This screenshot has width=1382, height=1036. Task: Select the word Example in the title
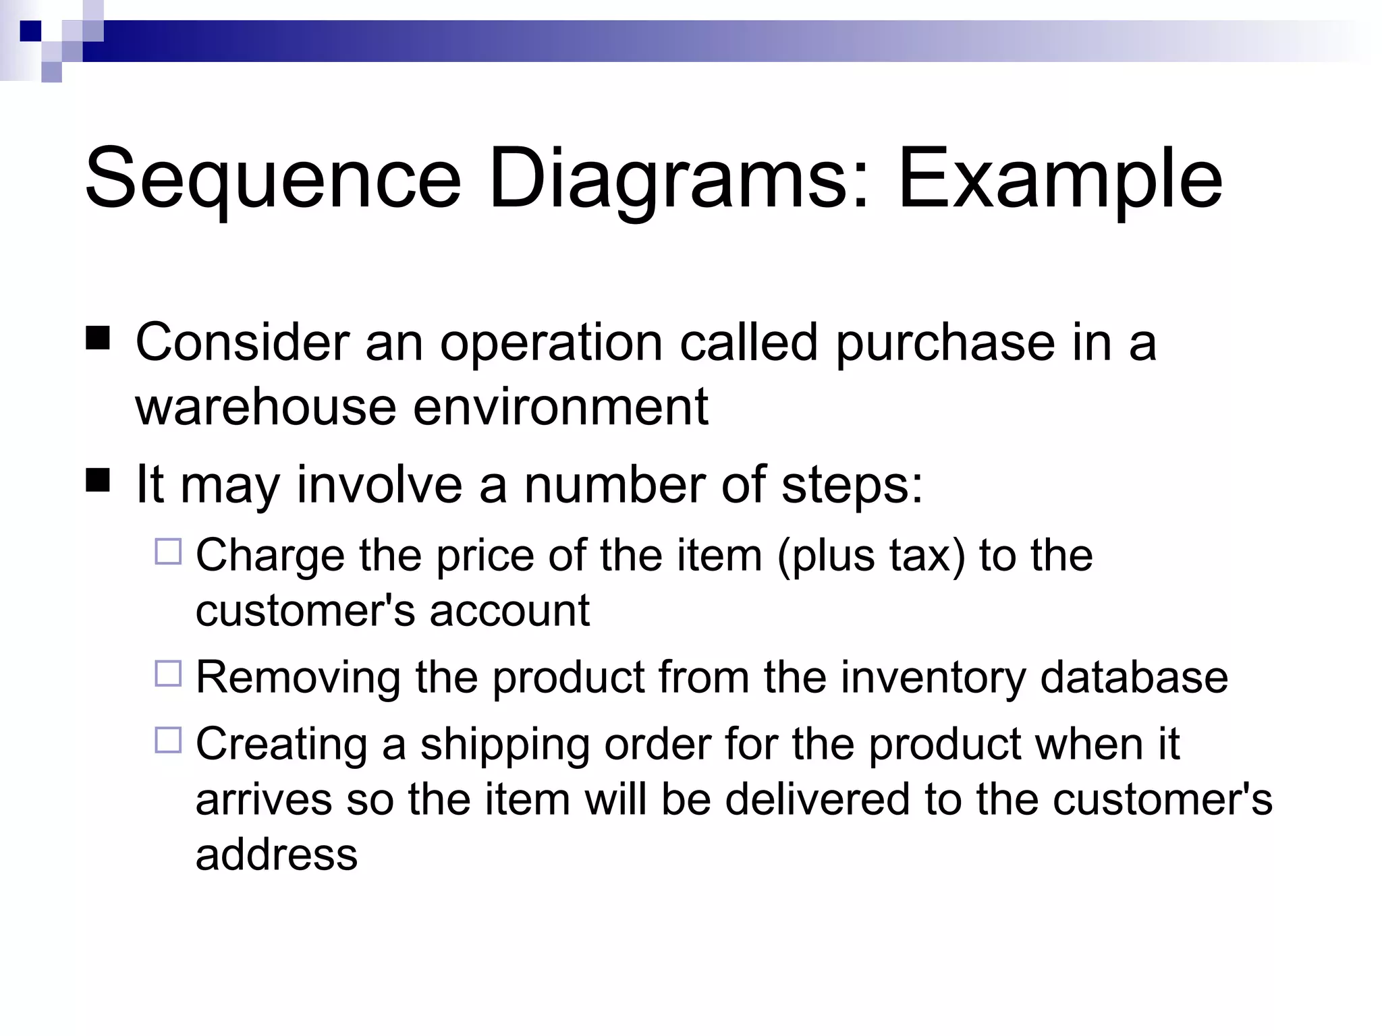point(1059,181)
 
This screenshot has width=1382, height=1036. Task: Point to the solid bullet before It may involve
point(99,482)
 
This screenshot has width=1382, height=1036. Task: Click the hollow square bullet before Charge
point(168,552)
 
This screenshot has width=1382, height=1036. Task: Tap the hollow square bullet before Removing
point(168,674)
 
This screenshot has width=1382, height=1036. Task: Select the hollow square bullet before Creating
point(168,741)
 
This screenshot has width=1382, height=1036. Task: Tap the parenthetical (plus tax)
point(871,556)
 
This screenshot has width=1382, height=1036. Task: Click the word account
point(509,610)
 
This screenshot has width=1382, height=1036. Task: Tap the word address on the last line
point(277,854)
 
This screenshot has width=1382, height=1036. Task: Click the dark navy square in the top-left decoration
point(30,31)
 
